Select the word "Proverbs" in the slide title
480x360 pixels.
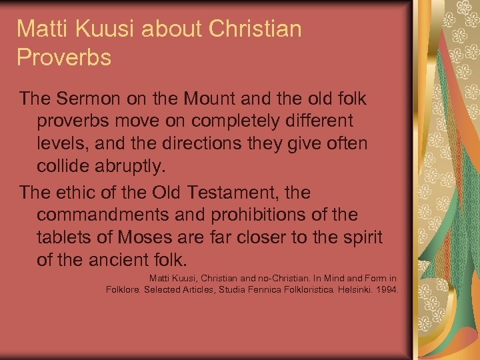(64, 58)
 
